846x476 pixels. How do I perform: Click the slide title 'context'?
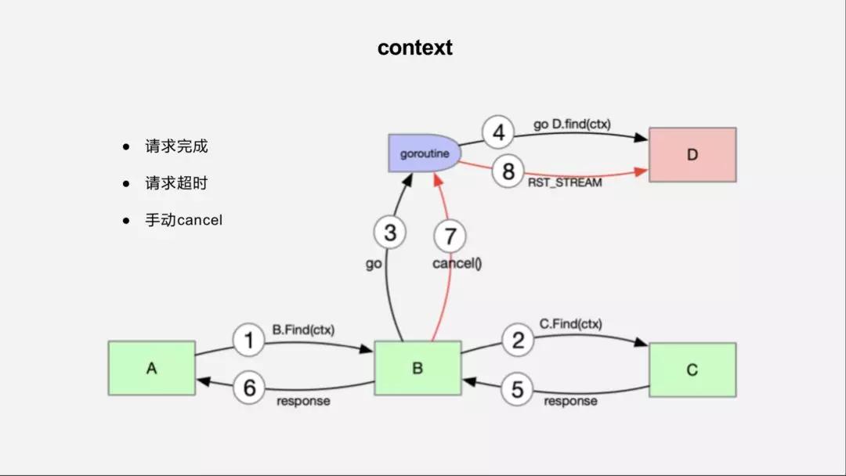pos(414,48)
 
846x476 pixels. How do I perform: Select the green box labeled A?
pos(152,368)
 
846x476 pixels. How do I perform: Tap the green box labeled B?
pos(417,368)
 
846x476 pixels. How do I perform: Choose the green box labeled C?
pos(692,370)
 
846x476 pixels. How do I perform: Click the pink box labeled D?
pos(692,155)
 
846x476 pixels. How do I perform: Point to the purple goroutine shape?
pos(424,153)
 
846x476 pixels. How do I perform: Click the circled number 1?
pos(249,341)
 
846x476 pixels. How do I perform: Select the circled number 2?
pos(517,340)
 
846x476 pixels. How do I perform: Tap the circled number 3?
pos(390,233)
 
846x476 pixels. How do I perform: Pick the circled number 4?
pos(498,132)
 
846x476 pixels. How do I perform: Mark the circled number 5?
pos(517,389)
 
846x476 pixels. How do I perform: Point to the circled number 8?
pos(508,172)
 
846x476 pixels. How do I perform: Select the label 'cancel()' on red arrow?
pos(457,264)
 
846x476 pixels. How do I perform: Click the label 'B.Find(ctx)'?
pos(302,330)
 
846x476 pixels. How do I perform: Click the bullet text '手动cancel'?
pos(183,220)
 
